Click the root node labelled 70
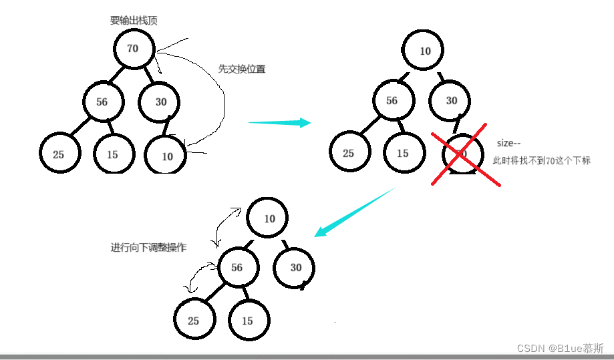(133, 48)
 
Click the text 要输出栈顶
(134, 21)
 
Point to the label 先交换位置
(242, 68)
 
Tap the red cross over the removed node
(464, 157)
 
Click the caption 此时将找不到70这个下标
(542, 161)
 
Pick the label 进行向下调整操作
(148, 247)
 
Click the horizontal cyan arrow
(279, 122)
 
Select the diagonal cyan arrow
(354, 212)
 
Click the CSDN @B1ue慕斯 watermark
(561, 348)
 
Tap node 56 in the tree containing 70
(102, 102)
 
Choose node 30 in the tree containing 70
(160, 102)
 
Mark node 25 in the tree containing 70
(59, 154)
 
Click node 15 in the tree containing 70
(112, 154)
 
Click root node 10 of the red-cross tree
(425, 51)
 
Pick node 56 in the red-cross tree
(392, 101)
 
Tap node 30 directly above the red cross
(452, 101)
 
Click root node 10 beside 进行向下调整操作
(269, 218)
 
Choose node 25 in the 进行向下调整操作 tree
(193, 321)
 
